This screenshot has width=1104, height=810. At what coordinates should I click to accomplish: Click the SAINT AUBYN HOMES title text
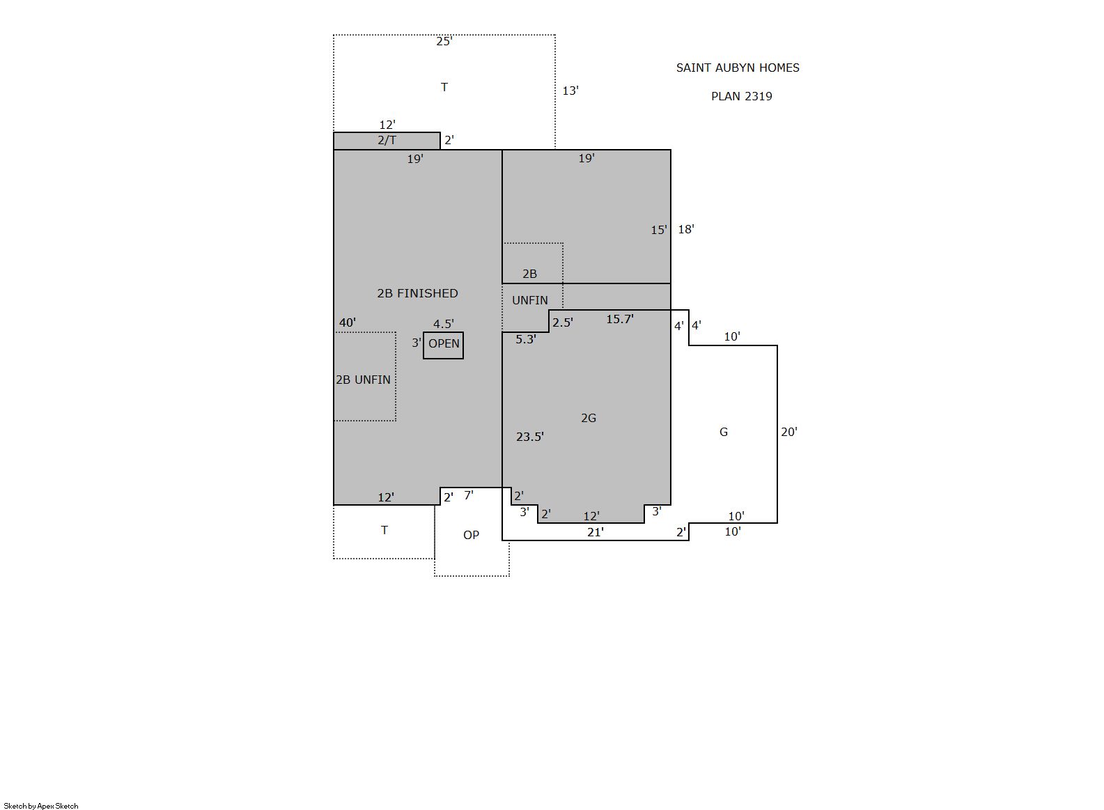pyautogui.click(x=738, y=68)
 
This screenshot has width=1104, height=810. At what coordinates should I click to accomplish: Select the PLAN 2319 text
pyautogui.click(x=741, y=97)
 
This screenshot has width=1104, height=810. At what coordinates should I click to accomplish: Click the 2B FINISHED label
pyautogui.click(x=417, y=294)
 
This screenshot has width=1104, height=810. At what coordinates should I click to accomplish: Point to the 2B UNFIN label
pyautogui.click(x=363, y=380)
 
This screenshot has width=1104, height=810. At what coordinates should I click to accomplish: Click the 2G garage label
pyautogui.click(x=589, y=419)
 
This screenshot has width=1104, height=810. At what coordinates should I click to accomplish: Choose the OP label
pyautogui.click(x=471, y=535)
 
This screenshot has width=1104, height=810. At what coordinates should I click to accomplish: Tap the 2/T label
pyautogui.click(x=387, y=141)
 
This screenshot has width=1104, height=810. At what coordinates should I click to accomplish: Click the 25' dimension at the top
pyautogui.click(x=444, y=41)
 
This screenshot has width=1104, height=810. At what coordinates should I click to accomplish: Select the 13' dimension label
pyautogui.click(x=570, y=91)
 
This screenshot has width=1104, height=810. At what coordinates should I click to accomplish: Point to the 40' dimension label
pyautogui.click(x=348, y=322)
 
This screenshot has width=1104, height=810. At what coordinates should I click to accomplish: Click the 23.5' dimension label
pyautogui.click(x=530, y=437)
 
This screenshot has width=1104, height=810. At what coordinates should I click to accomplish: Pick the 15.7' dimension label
pyautogui.click(x=619, y=319)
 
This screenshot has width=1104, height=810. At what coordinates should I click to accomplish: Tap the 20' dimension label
pyautogui.click(x=789, y=432)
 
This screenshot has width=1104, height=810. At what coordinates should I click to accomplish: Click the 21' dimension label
pyautogui.click(x=596, y=532)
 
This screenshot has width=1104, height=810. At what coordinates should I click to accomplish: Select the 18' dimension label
pyautogui.click(x=686, y=229)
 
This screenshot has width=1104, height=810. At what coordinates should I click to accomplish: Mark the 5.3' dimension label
pyautogui.click(x=526, y=339)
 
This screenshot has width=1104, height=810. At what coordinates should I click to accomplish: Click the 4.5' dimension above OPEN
pyautogui.click(x=444, y=324)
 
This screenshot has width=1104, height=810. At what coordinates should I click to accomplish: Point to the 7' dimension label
pyautogui.click(x=469, y=495)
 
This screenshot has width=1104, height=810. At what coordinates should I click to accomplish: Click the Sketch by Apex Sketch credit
pyautogui.click(x=41, y=806)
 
